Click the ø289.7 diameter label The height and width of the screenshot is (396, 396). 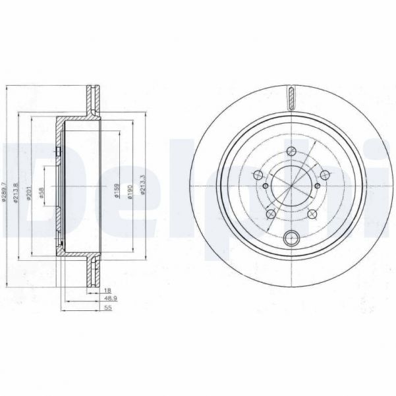pos(6,191)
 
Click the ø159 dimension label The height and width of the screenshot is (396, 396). pos(116,191)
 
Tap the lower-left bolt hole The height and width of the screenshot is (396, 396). pos(271,214)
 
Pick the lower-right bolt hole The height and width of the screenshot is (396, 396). pos(312,214)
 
